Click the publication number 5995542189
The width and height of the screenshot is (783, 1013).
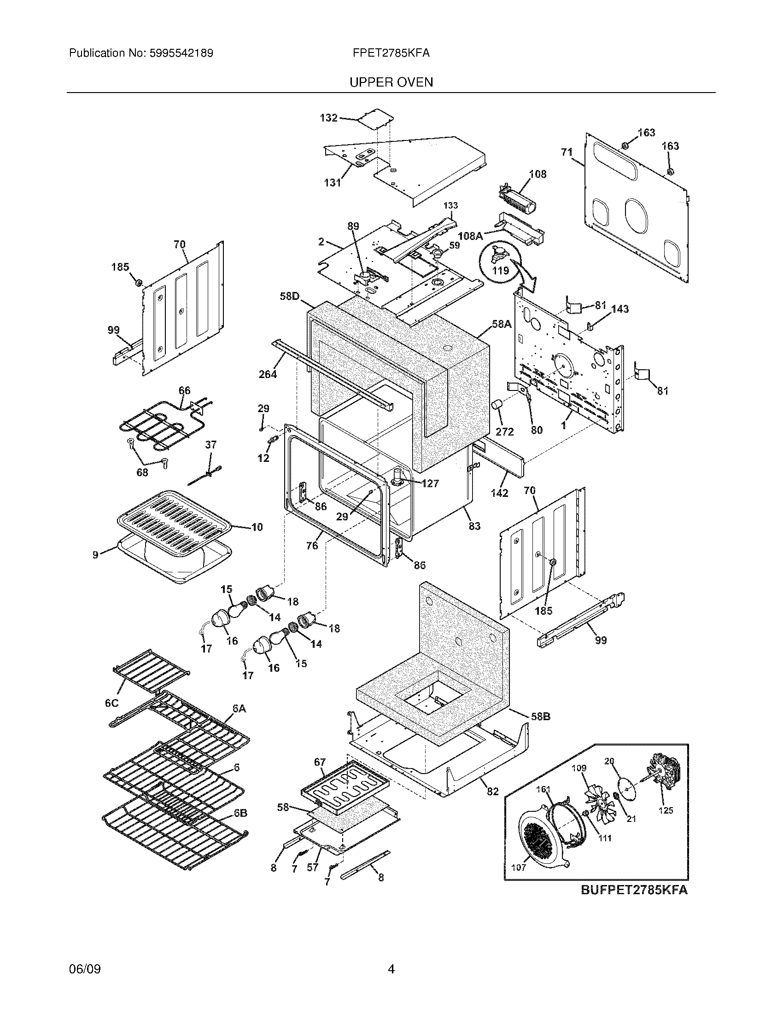[181, 53]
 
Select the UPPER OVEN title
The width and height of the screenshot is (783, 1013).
[391, 82]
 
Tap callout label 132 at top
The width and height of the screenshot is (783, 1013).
[328, 118]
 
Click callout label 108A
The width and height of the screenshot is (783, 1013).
[469, 236]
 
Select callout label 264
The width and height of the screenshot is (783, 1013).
[268, 374]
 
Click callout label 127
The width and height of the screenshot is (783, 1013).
[430, 483]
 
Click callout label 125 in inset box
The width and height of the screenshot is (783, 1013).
[666, 810]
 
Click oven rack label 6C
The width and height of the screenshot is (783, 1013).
[111, 703]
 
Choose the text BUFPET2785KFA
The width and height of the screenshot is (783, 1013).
[634, 890]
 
